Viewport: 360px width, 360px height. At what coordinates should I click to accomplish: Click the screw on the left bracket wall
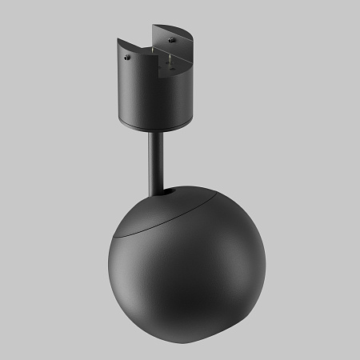[x=125, y=57]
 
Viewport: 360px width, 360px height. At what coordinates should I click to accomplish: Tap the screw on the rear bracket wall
[x=170, y=37]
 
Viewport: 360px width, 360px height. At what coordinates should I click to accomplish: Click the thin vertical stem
[x=154, y=156]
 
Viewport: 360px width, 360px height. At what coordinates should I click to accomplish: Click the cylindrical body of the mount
[x=148, y=100]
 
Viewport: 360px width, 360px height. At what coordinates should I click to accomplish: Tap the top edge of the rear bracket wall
[x=168, y=26]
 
